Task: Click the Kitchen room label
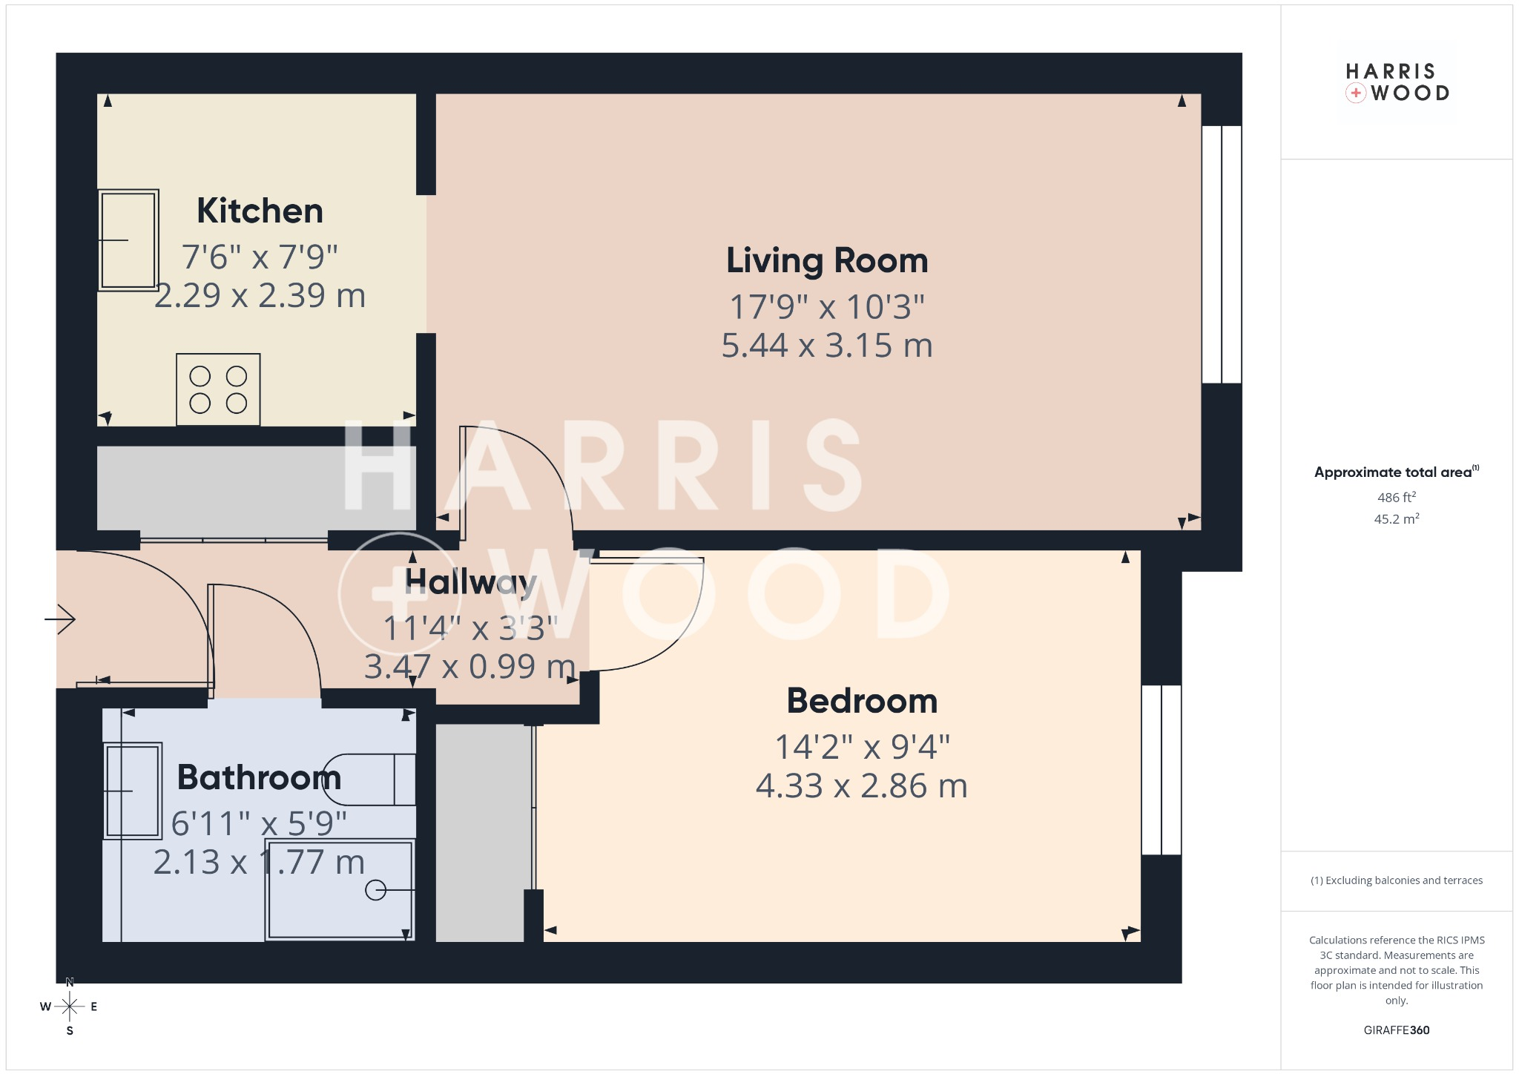260,211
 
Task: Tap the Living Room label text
827,261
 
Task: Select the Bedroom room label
862,701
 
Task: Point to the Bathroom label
260,777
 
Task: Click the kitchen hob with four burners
218,389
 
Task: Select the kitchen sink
128,240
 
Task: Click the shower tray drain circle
376,890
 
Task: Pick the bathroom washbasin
133,791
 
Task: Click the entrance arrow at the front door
60,619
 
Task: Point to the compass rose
70,1007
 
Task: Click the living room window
1221,254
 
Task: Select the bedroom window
1161,770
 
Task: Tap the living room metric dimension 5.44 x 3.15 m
827,346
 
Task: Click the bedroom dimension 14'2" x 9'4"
862,747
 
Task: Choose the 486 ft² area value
1397,497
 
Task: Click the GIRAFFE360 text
1397,1030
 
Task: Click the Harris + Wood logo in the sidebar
1397,82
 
